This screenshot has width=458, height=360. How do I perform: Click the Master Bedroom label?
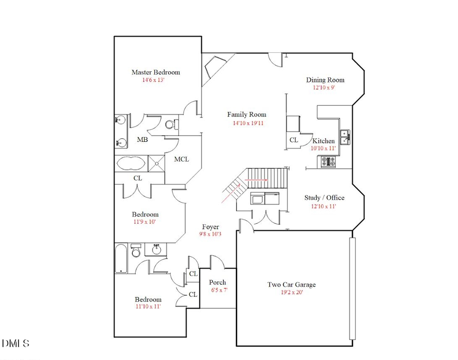click(155, 72)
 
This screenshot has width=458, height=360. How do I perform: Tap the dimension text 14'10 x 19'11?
click(248, 123)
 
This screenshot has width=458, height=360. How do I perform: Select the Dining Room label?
click(325, 80)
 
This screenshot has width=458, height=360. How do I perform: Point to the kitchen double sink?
click(346, 137)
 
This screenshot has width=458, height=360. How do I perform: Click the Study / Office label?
click(324, 198)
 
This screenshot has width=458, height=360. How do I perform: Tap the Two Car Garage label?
click(291, 285)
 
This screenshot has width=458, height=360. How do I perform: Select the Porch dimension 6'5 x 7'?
click(219, 290)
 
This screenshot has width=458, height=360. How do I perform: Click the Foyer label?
click(210, 227)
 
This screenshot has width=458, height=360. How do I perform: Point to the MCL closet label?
click(182, 159)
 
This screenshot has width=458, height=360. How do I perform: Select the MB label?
click(142, 140)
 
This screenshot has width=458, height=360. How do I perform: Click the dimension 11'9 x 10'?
click(146, 222)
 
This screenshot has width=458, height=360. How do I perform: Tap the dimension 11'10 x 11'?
click(148, 307)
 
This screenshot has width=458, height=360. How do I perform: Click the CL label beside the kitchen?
click(294, 140)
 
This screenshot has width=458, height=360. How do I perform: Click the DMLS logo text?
click(16, 344)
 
